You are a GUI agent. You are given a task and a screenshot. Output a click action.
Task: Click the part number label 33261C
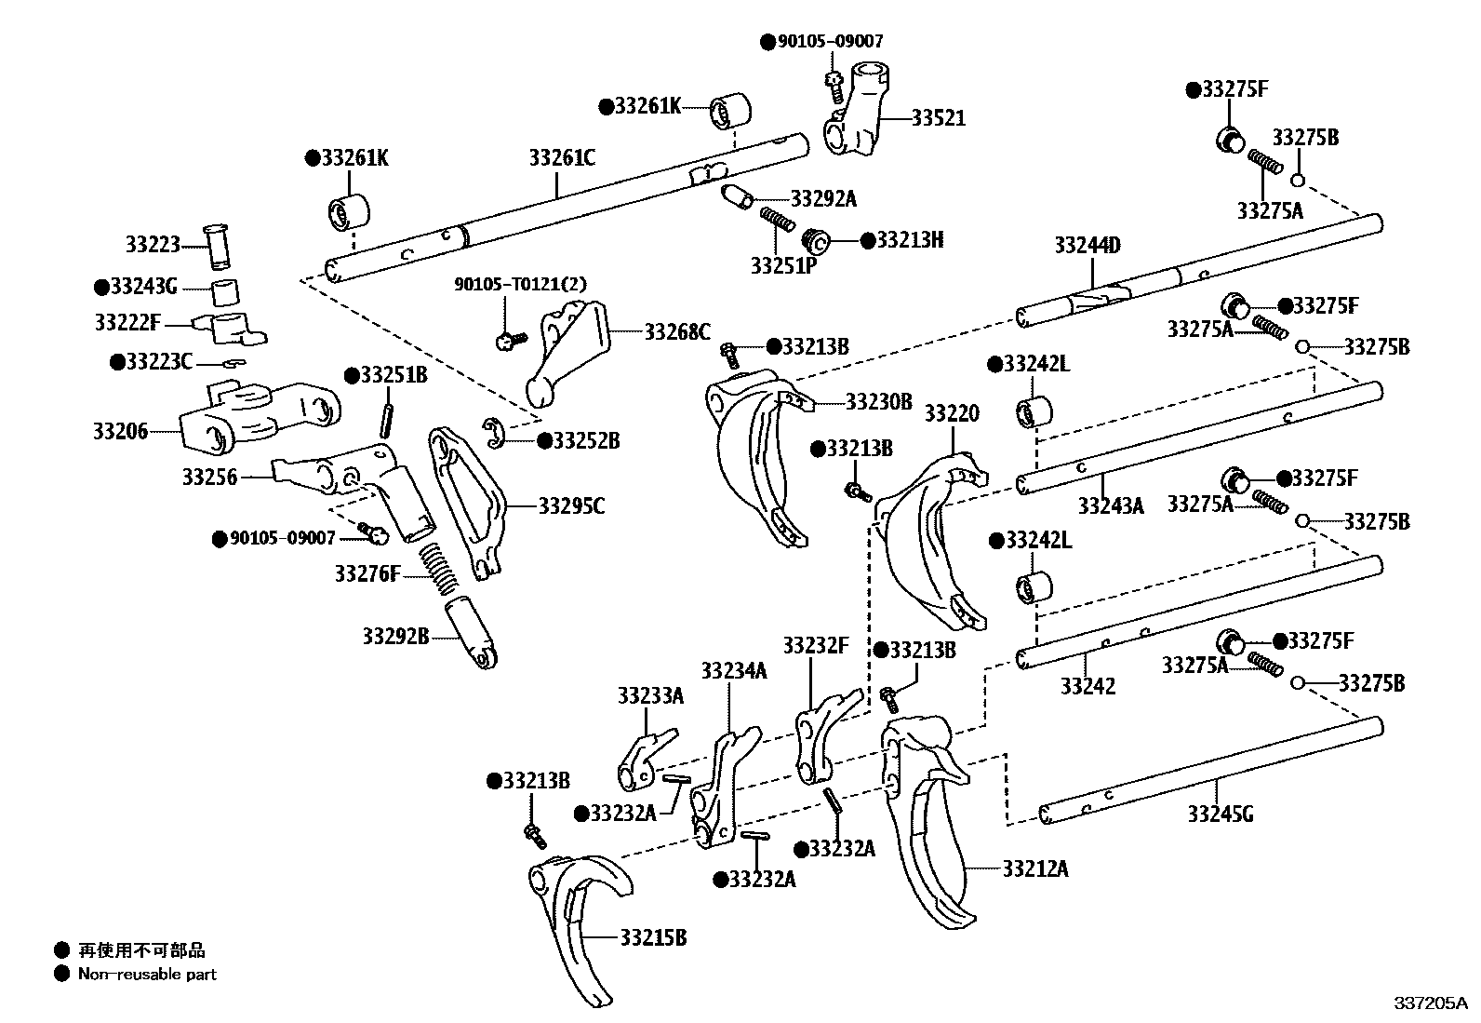click(562, 157)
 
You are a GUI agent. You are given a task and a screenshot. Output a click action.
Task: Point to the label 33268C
click(677, 331)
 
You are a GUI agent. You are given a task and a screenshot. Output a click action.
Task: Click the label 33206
click(120, 431)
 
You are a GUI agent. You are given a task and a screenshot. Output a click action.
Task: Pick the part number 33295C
click(571, 506)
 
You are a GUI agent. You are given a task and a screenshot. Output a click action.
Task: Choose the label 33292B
click(395, 637)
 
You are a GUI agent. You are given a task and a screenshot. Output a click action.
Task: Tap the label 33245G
click(1220, 814)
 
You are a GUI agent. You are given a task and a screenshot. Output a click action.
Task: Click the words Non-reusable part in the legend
click(147, 975)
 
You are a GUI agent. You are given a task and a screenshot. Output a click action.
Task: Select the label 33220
click(951, 413)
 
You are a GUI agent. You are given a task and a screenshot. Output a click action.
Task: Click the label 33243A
click(1110, 505)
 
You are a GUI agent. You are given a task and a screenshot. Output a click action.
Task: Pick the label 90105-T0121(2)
click(520, 284)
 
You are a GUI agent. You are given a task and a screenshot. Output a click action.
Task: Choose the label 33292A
click(823, 198)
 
